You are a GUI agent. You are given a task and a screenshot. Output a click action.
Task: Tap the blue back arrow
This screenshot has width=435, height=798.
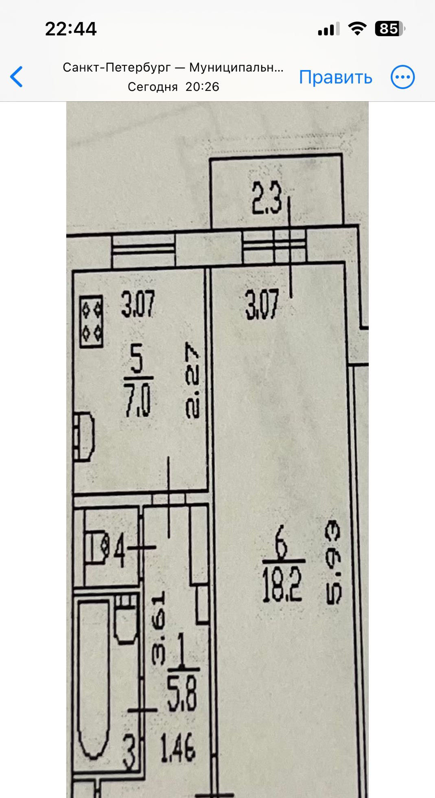click(17, 77)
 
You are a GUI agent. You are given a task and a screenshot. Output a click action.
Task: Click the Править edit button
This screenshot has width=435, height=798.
click(335, 77)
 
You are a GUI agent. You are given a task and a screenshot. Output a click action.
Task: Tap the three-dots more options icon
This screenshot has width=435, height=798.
click(402, 77)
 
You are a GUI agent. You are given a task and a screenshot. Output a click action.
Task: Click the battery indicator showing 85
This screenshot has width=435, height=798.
click(389, 29)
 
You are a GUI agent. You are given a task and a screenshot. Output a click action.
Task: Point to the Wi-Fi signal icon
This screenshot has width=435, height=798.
click(357, 29)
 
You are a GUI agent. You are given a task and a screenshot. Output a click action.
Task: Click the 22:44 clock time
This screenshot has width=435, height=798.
click(71, 29)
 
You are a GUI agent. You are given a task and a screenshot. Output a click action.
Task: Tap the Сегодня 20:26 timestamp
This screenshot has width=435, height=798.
click(173, 87)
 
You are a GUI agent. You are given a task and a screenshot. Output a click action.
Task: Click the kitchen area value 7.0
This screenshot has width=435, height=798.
click(138, 401)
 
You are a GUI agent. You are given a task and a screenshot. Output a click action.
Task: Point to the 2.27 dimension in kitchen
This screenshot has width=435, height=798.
click(192, 380)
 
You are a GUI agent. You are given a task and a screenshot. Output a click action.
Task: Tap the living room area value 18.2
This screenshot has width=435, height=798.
click(282, 585)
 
